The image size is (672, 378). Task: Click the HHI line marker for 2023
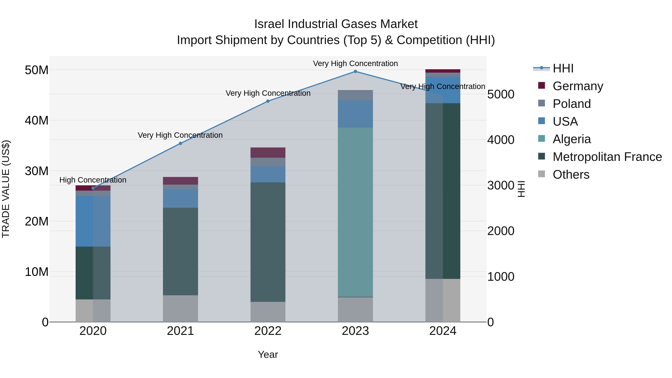click(355, 71)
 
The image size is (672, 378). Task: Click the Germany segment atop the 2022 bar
click(268, 153)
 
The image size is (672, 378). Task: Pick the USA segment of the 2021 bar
click(180, 199)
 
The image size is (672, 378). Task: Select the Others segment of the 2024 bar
click(443, 300)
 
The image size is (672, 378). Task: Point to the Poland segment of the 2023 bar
click(355, 95)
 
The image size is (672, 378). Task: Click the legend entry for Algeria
click(571, 139)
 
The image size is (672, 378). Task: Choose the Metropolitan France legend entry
click(607, 157)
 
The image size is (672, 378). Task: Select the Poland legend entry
click(571, 104)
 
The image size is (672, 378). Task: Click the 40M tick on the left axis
click(37, 121)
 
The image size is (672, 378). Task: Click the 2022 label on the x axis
click(268, 331)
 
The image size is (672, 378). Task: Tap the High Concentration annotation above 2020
click(93, 180)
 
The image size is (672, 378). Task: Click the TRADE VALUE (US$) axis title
click(6, 189)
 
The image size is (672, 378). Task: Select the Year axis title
click(268, 354)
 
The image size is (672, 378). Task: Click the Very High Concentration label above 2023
click(355, 63)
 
